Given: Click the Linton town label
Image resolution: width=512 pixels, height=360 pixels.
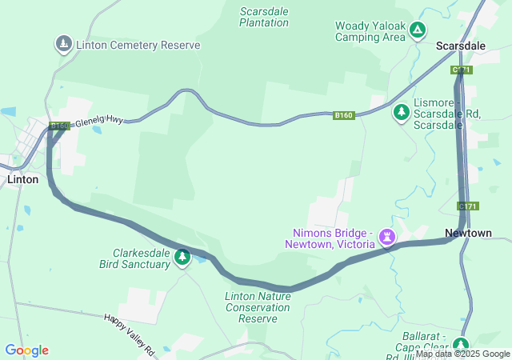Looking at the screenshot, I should click(x=22, y=179).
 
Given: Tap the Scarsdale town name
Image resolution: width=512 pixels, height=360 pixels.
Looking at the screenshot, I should click(x=460, y=46).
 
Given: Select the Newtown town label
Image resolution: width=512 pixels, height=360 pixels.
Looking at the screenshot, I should click(x=468, y=233).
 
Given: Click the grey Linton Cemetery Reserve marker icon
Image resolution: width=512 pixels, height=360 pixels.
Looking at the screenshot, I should click(x=63, y=43).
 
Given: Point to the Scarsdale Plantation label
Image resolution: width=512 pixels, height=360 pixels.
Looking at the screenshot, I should click(x=264, y=17).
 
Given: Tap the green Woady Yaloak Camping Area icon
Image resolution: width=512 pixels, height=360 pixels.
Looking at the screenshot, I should click(x=417, y=30).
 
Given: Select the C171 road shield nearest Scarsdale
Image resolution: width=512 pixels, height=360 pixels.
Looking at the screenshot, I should click(x=462, y=70).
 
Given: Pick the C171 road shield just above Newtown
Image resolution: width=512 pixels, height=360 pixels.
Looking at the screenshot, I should click(x=468, y=206).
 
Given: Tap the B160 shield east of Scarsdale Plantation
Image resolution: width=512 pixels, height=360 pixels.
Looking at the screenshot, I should click(x=344, y=116).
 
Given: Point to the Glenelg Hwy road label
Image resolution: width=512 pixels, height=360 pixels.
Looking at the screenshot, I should click(x=99, y=120).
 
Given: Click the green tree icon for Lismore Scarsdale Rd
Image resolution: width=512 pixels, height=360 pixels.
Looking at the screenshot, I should click(x=401, y=113).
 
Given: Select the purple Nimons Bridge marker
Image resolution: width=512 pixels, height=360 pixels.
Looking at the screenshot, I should click(x=388, y=237).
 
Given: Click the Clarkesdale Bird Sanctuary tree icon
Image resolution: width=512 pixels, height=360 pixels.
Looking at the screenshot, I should click(x=182, y=257).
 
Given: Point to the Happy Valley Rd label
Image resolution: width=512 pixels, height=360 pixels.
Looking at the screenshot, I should click(x=128, y=329).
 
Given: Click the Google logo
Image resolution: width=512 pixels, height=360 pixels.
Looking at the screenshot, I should click(x=26, y=350).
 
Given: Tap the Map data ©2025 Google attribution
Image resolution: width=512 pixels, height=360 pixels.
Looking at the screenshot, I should click(x=462, y=354).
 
